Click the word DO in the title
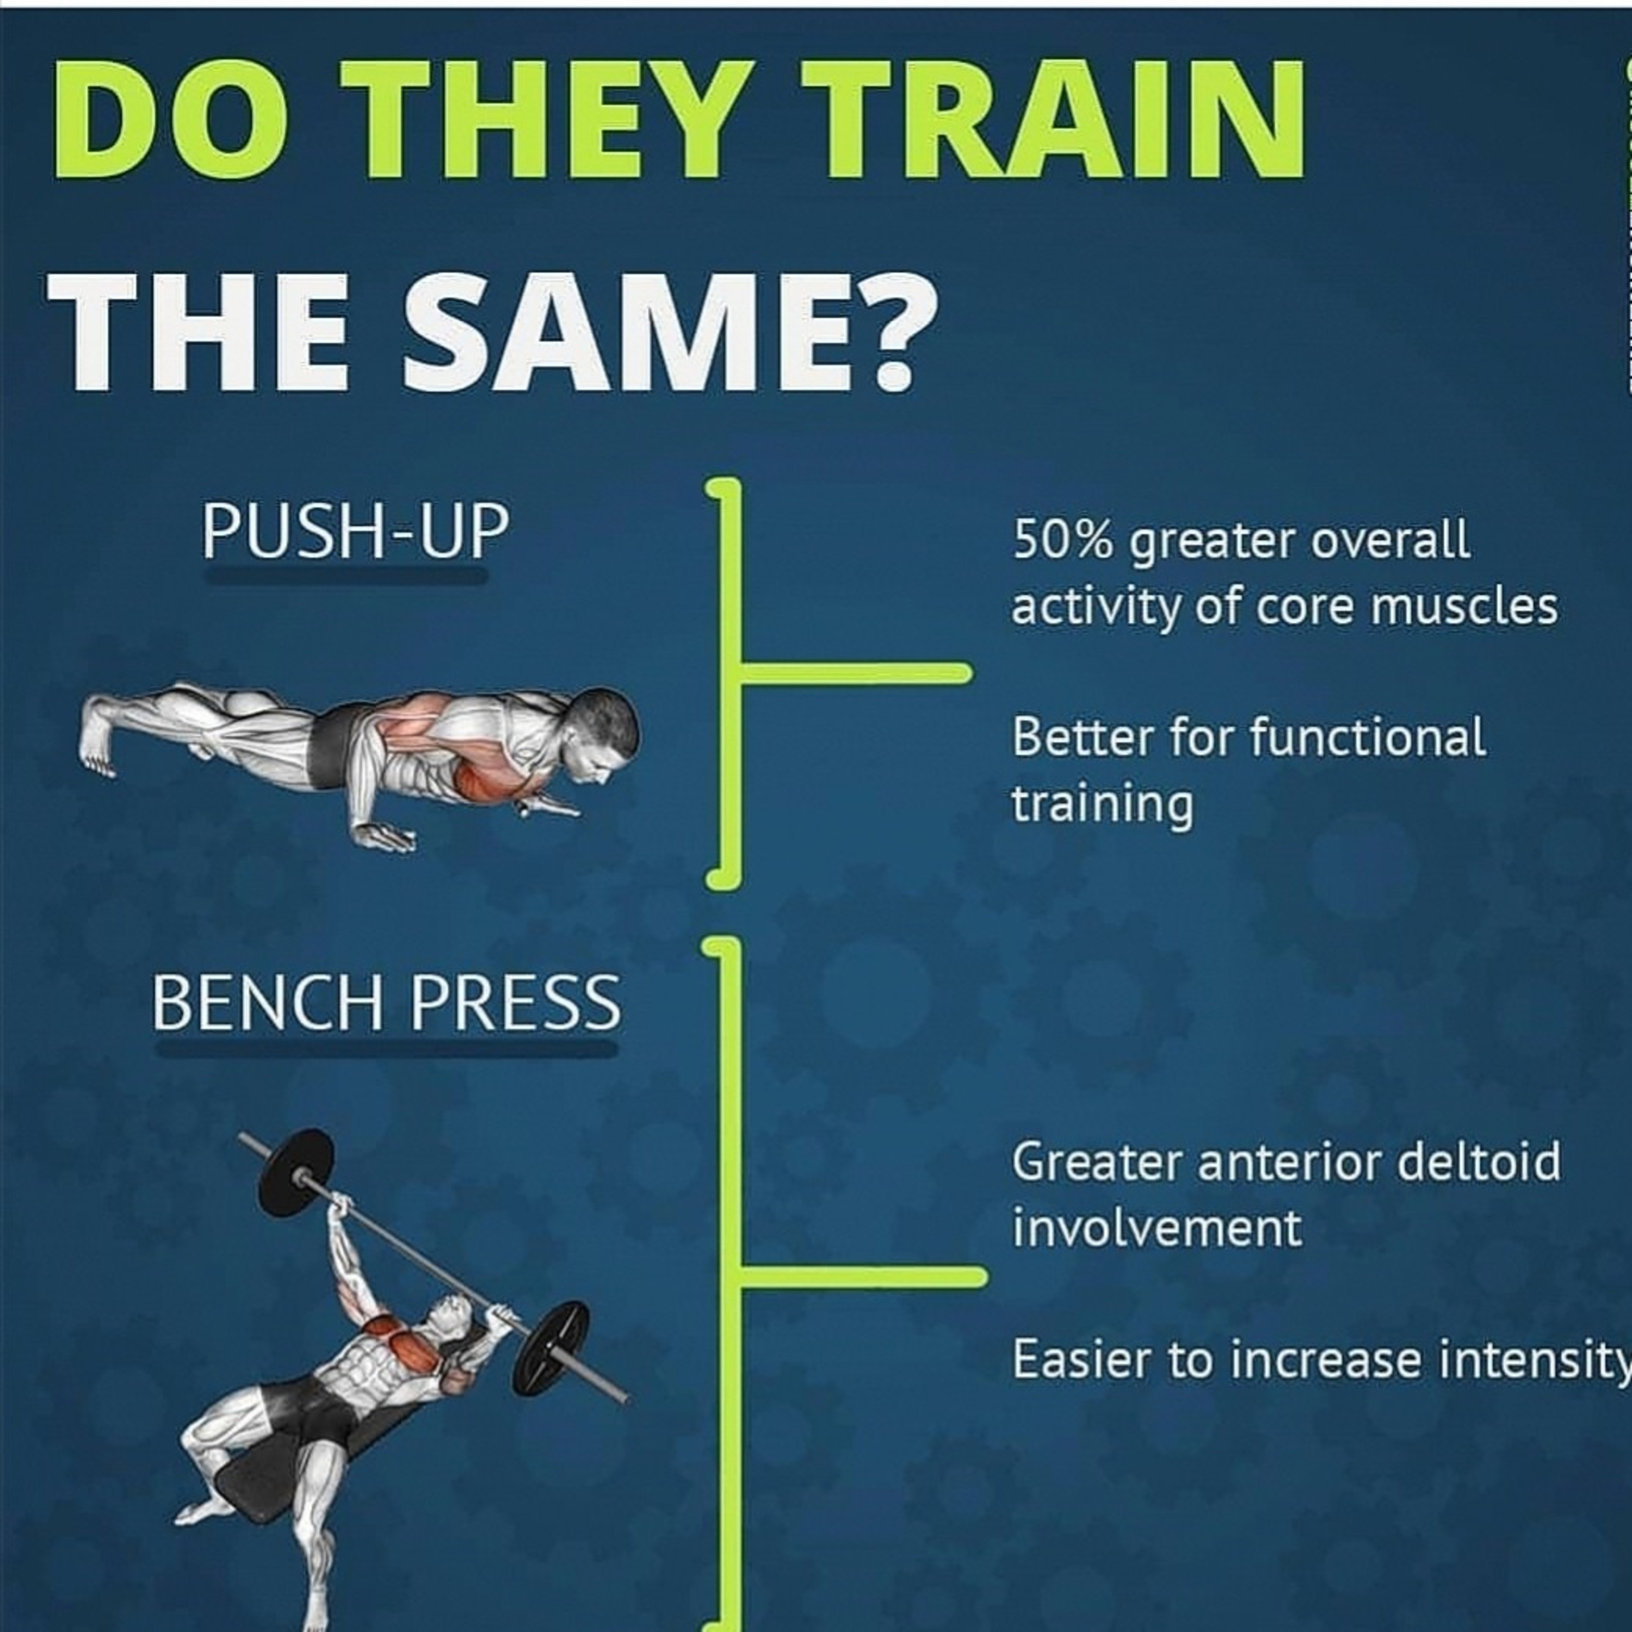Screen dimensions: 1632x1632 [x=169, y=119]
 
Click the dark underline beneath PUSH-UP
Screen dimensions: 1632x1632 [x=347, y=575]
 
